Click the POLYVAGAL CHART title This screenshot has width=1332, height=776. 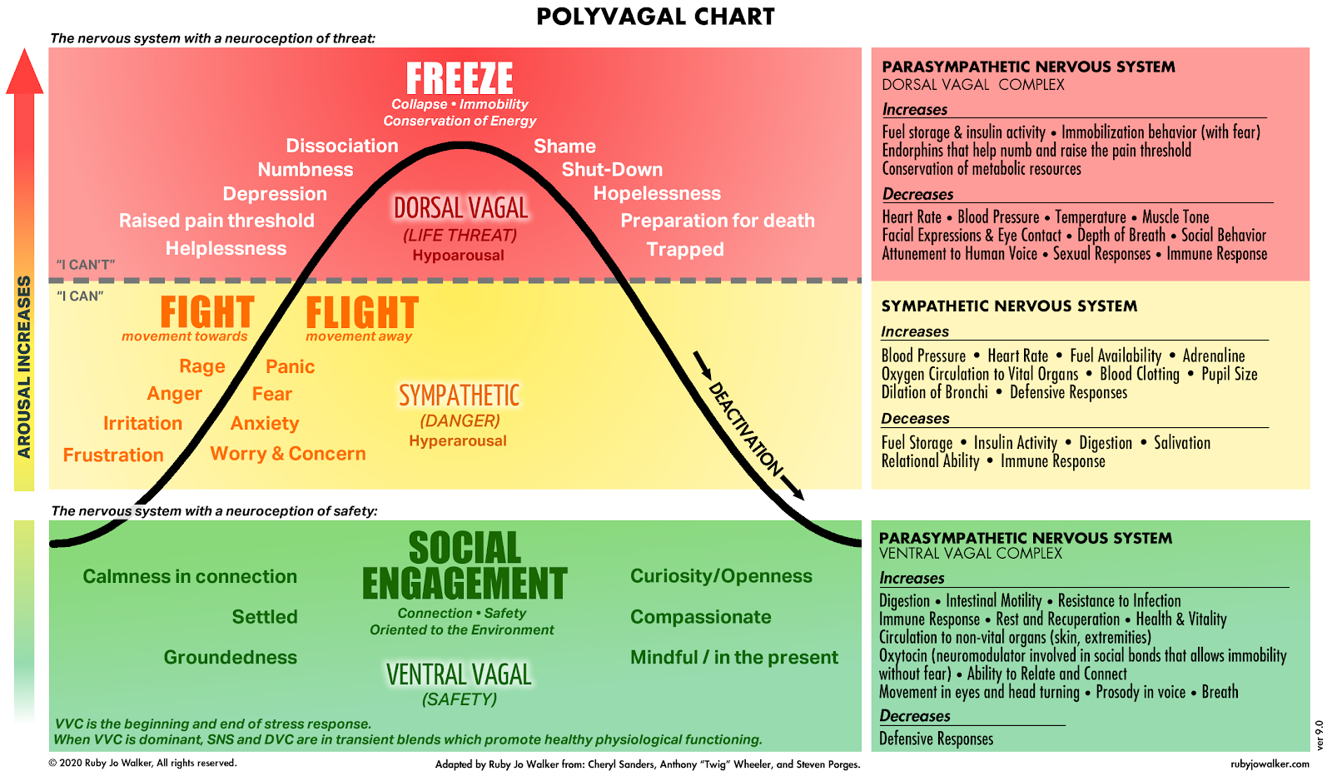click(655, 17)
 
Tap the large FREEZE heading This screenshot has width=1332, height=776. click(460, 79)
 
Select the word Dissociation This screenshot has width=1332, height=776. click(342, 146)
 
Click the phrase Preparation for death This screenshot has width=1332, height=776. click(718, 221)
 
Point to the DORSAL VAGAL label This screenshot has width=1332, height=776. click(460, 208)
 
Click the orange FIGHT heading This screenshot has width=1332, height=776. click(207, 313)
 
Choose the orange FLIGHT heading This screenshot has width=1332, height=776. click(362, 313)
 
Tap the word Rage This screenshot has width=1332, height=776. click(202, 366)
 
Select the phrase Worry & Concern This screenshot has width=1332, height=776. click(288, 454)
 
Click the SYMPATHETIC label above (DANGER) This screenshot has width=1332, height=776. click(459, 395)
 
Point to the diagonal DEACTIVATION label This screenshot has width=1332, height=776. click(745, 428)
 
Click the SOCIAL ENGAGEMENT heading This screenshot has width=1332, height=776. click(465, 566)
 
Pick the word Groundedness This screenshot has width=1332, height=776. click(230, 657)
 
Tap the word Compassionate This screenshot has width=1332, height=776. click(700, 617)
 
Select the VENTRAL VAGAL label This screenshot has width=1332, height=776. click(459, 674)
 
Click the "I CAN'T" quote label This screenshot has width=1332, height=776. click(86, 265)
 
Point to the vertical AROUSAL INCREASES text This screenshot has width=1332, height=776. click(24, 366)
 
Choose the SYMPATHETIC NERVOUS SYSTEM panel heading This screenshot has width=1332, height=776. click(1009, 306)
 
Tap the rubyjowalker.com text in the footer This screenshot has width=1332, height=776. click(1270, 764)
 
